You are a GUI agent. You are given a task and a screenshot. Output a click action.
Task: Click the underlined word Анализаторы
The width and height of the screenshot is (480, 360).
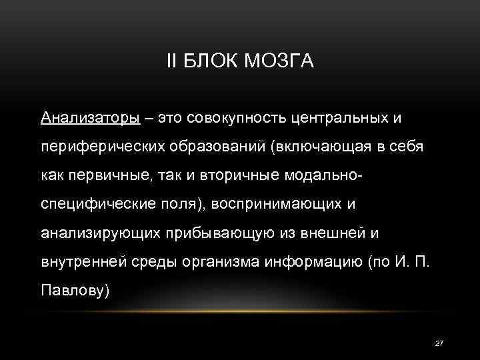[x=90, y=118]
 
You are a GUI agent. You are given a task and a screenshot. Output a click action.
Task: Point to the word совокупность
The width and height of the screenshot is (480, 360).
[x=237, y=118]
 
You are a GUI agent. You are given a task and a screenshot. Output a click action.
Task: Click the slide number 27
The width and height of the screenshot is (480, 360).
[x=439, y=343]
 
